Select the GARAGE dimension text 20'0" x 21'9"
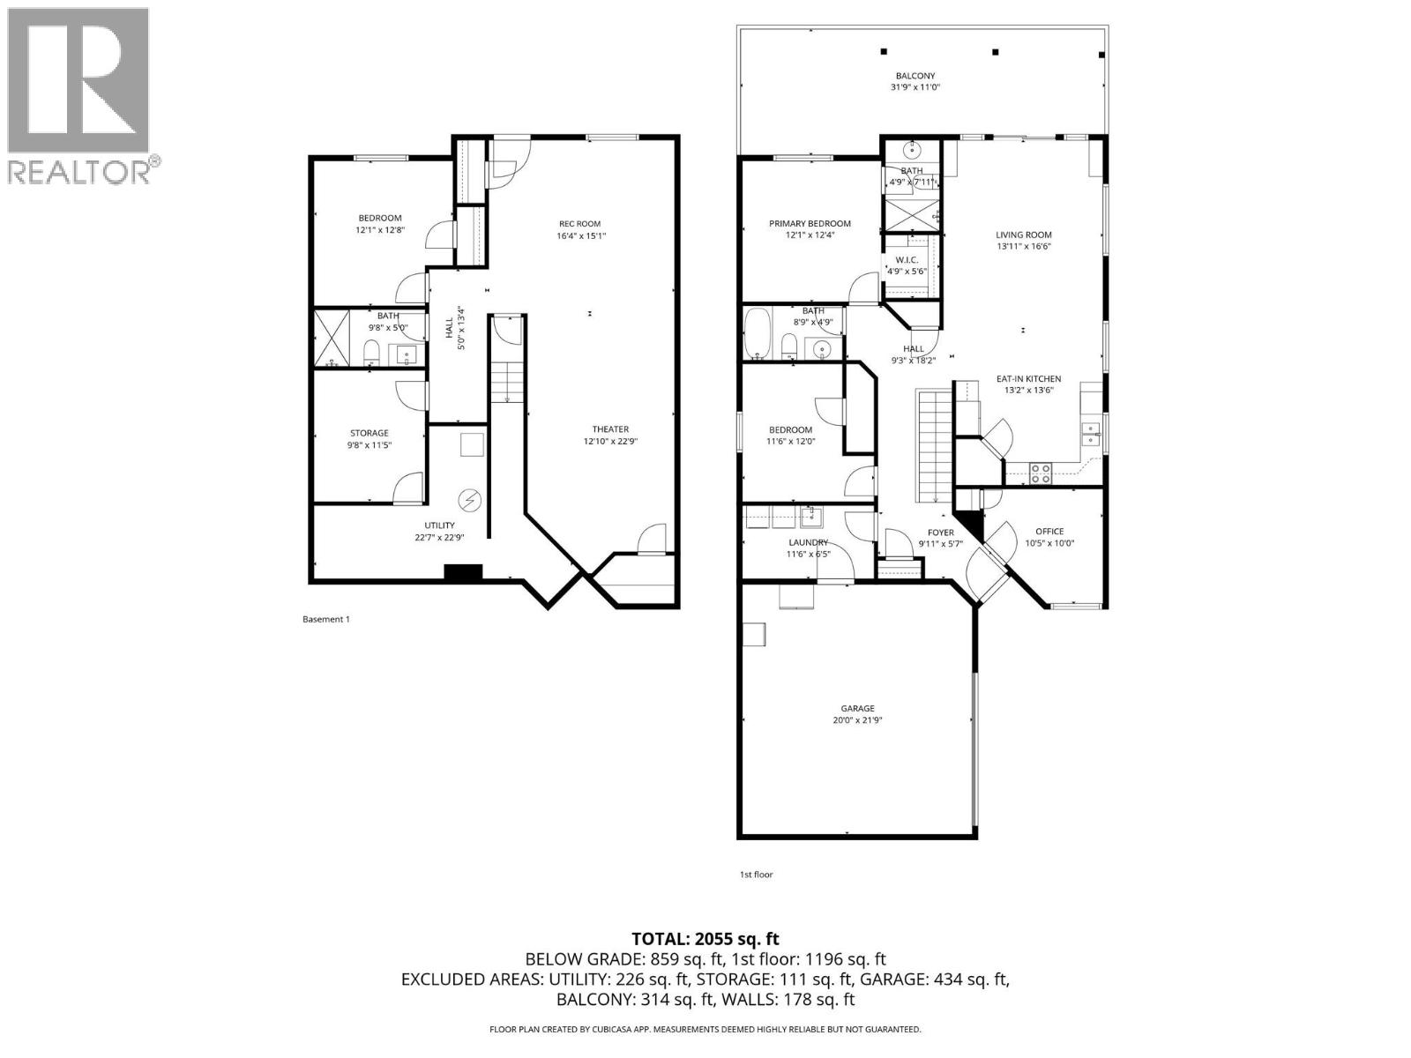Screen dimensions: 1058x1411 (x=857, y=720)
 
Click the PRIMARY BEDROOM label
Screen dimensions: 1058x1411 (x=810, y=224)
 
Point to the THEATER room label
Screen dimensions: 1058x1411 (x=610, y=429)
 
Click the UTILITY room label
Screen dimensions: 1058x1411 (x=439, y=525)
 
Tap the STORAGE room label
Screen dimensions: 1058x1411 (x=369, y=433)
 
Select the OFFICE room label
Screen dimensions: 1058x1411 (x=1049, y=532)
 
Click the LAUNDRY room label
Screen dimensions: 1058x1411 (x=808, y=542)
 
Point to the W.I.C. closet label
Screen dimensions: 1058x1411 (x=907, y=260)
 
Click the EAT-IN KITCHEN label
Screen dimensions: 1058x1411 (x=1029, y=379)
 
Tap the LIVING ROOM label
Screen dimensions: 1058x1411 (x=1024, y=235)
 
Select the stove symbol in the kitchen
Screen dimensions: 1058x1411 (x=1040, y=473)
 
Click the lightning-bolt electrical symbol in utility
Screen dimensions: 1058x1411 (x=469, y=501)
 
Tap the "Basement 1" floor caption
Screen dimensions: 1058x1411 (x=326, y=619)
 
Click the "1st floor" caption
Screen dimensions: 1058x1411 (x=756, y=875)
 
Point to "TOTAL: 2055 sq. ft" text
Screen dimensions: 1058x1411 (x=705, y=939)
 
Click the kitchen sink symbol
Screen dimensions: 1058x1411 (x=1092, y=434)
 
